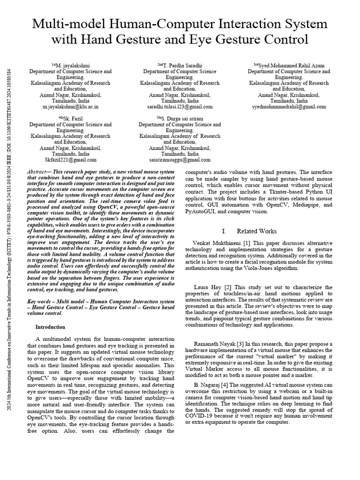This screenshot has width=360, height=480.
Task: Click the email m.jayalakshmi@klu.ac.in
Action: (x=71, y=107)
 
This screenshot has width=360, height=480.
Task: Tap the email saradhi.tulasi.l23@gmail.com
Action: (x=180, y=107)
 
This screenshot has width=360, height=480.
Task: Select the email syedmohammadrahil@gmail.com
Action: (x=289, y=107)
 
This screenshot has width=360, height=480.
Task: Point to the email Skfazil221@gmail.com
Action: (x=71, y=160)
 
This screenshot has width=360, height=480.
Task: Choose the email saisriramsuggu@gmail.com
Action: (x=180, y=160)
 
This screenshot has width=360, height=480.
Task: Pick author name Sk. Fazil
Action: (x=72, y=119)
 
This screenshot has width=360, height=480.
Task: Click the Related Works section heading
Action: (x=256, y=231)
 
